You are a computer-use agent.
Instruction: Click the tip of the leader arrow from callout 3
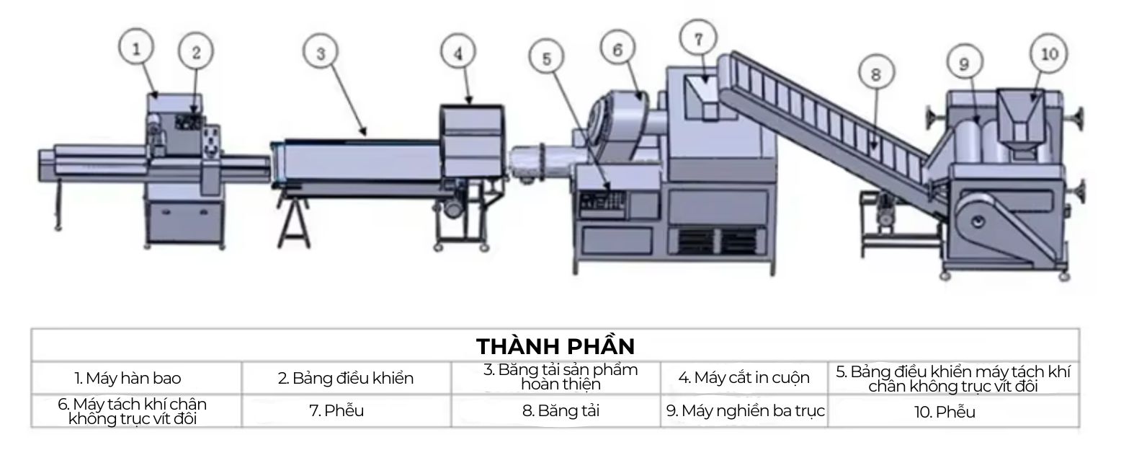point(365,136)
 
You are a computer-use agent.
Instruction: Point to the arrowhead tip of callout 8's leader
point(873,150)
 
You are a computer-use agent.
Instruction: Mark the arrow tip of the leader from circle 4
point(470,105)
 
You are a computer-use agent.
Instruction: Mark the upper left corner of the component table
point(32,329)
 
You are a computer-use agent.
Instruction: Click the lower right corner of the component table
point(1079,427)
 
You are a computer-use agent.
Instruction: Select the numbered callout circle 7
point(699,38)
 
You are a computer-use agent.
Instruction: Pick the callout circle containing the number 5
point(547,58)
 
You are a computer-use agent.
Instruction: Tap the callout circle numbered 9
point(965,63)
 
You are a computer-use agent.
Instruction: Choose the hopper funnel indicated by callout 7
point(705,97)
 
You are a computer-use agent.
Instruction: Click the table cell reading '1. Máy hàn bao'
point(137,378)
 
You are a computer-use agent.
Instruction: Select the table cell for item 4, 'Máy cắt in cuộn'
point(744,378)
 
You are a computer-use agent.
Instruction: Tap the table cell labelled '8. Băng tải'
point(556,411)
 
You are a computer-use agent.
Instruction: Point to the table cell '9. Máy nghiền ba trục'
point(744,411)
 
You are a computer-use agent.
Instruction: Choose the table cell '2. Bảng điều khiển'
point(347,378)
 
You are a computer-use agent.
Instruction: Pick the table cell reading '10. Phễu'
point(954,411)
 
